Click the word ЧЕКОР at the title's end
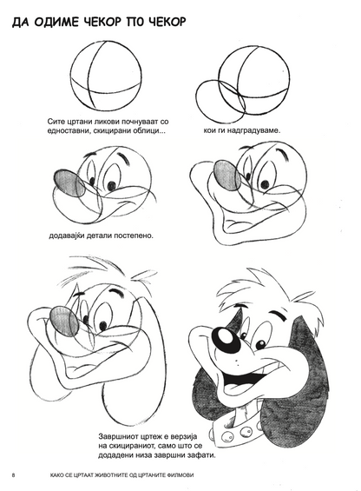pyautogui.click(x=167, y=23)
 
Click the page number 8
pyautogui.click(x=14, y=474)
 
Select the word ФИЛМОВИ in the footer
pyautogui.click(x=180, y=475)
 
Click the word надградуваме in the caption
pyautogui.click(x=253, y=130)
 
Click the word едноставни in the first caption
pyautogui.click(x=65, y=131)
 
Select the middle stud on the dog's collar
pyautogui.click(x=245, y=433)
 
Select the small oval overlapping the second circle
pyautogui.click(x=220, y=101)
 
